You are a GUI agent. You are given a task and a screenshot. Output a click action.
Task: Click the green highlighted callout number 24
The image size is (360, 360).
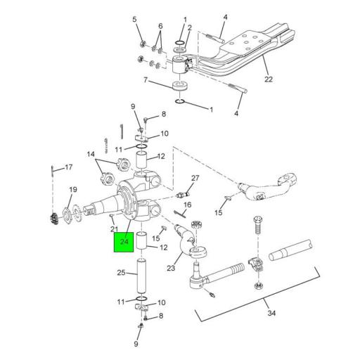[x=124, y=243]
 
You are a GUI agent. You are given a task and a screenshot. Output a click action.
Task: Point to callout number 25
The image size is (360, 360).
[x=120, y=273]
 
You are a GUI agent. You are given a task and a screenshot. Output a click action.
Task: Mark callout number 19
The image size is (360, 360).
[x=72, y=190]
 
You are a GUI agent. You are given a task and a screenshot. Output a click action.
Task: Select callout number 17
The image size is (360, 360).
[x=68, y=167]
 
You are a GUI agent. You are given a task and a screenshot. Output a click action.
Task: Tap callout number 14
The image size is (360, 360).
[x=90, y=154]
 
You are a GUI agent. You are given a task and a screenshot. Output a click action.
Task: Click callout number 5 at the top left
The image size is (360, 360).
[x=135, y=19]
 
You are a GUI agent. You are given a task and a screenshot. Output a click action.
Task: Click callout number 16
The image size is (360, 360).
[x=187, y=205]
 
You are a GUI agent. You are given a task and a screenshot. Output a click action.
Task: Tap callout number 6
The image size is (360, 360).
[x=161, y=26]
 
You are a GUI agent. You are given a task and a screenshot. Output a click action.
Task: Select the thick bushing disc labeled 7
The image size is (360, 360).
[x=181, y=89]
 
